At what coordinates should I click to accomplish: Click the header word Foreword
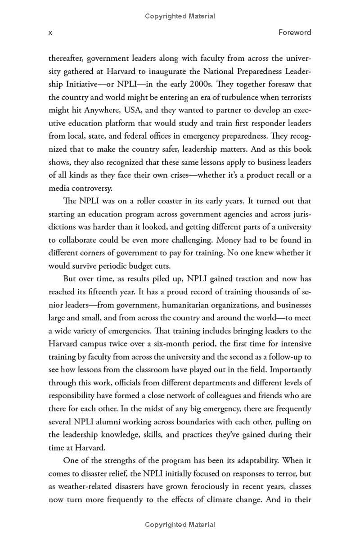pos(295,32)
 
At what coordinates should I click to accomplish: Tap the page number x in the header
pos(50,32)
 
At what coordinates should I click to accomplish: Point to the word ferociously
pos(207,487)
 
